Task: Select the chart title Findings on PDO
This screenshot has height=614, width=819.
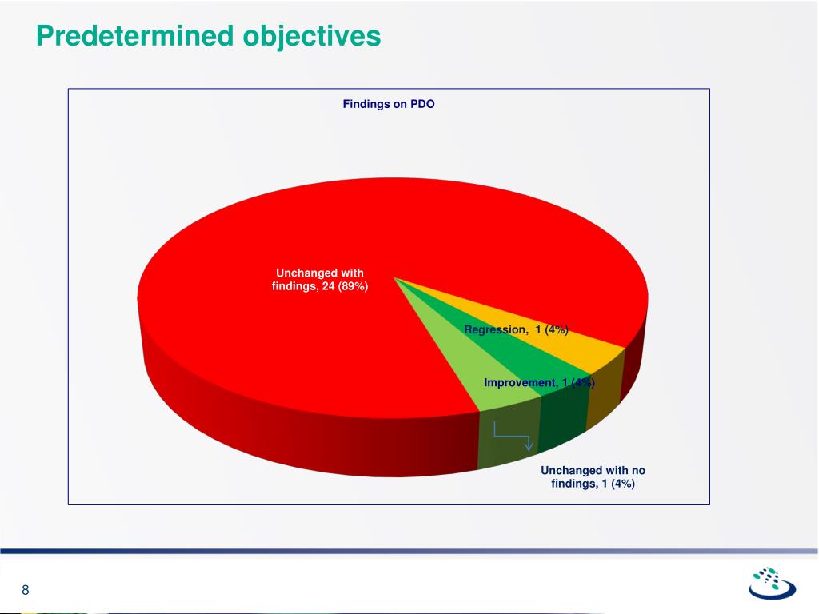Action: [389, 104]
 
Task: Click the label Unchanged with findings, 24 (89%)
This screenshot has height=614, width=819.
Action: [320, 280]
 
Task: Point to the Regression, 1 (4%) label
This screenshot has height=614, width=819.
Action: [516, 329]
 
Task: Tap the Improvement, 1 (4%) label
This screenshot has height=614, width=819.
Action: [538, 383]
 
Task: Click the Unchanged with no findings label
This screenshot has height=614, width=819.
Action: [593, 476]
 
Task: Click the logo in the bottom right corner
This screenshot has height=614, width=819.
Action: [772, 584]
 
